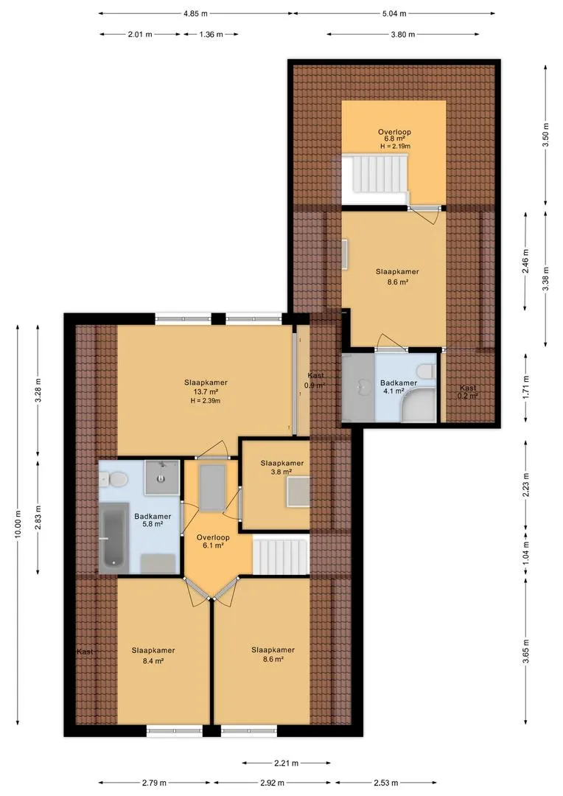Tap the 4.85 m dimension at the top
(x=195, y=14)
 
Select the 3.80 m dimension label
(x=402, y=35)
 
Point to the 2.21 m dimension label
(x=287, y=763)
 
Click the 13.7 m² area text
(x=206, y=391)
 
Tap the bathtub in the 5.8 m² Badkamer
(x=113, y=538)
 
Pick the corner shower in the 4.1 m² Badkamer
(x=419, y=405)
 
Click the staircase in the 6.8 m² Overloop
(x=375, y=174)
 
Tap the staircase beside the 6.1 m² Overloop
(x=281, y=555)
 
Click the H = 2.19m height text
(x=395, y=146)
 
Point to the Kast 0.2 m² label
(x=467, y=391)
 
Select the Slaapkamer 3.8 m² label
(x=282, y=467)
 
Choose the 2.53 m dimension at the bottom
(x=386, y=783)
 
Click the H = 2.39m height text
(x=205, y=400)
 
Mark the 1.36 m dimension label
(x=211, y=35)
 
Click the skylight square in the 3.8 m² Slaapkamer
(x=298, y=492)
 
